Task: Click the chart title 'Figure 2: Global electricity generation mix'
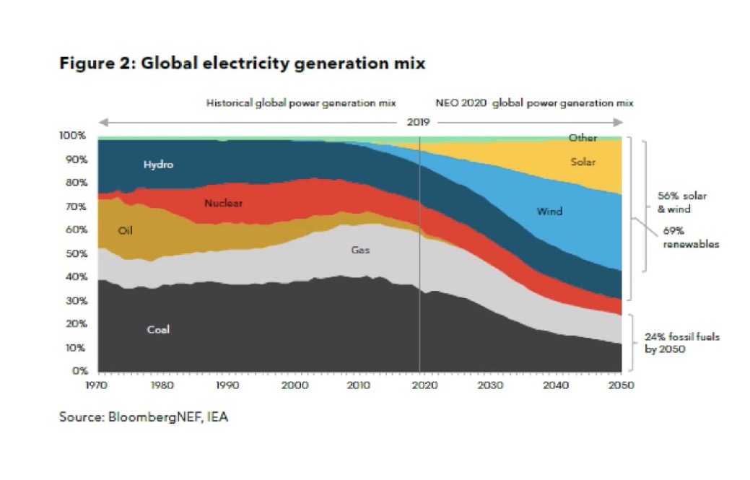pos(242,64)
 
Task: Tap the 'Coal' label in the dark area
pos(158,330)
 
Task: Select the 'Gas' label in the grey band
pos(360,250)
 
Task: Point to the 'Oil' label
pos(125,231)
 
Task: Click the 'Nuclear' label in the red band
pos(223,204)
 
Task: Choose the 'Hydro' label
pos(158,165)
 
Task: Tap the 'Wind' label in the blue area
pos(549,211)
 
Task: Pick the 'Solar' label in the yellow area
pos(583,162)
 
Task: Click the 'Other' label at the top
pos(583,138)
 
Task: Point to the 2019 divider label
pos(418,122)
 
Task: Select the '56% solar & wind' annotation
pos(682,202)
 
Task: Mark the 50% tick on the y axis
pos(77,253)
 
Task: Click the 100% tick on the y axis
pos(74,136)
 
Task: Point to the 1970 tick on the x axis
pos(97,385)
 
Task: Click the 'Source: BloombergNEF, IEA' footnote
pos(144,417)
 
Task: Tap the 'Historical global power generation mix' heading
pos(301,103)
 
